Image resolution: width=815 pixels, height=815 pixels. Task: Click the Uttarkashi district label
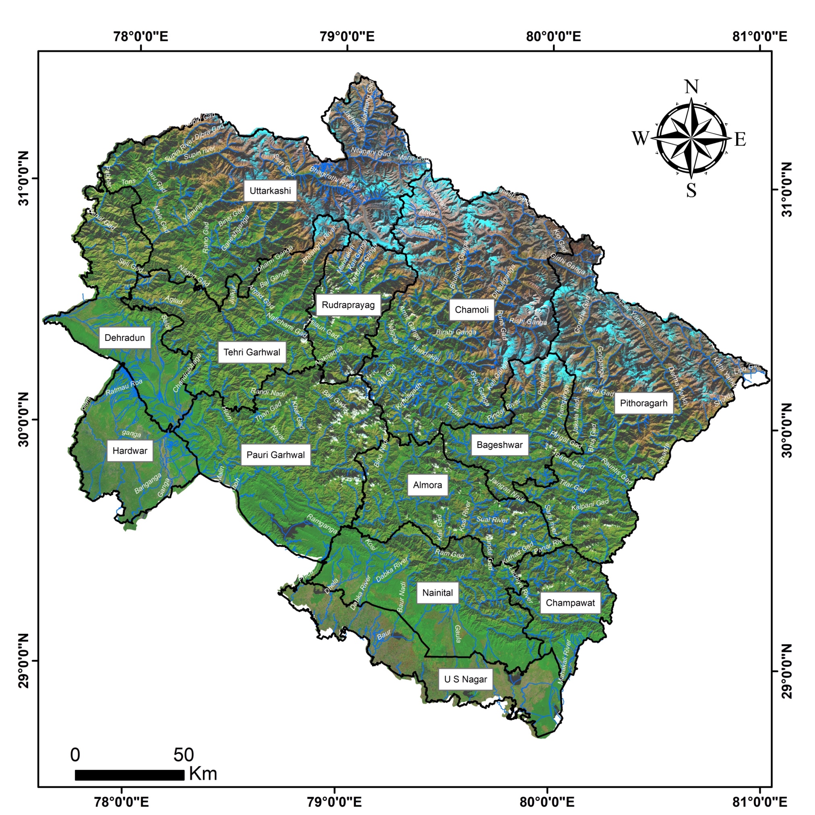pyautogui.click(x=270, y=191)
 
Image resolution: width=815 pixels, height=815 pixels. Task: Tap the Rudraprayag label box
pyautogui.click(x=348, y=305)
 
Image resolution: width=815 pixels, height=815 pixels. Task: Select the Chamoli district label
pyautogui.click(x=472, y=310)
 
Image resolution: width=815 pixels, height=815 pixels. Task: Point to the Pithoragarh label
pyautogui.click(x=643, y=403)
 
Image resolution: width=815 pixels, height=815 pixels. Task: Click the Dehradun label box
pyautogui.click(x=124, y=338)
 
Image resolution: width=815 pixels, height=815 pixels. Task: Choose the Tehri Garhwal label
pyautogui.click(x=252, y=352)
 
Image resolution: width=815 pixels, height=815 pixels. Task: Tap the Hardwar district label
pyautogui.click(x=130, y=451)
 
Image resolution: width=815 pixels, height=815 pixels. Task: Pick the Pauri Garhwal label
pyautogui.click(x=275, y=455)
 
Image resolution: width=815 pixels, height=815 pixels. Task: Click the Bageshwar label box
pyautogui.click(x=499, y=445)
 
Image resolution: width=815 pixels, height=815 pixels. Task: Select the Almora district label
pyautogui.click(x=427, y=485)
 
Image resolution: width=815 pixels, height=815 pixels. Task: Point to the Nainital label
pyautogui.click(x=437, y=593)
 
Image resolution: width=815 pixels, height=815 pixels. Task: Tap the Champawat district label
pyautogui.click(x=570, y=603)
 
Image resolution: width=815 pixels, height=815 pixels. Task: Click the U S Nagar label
pyautogui.click(x=465, y=679)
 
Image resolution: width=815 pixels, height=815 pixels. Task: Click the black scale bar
pyautogui.click(x=130, y=775)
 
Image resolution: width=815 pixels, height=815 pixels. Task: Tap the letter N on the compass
pyautogui.click(x=691, y=87)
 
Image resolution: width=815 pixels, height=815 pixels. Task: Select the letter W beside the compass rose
pyautogui.click(x=640, y=138)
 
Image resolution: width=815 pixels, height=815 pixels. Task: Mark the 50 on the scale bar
pyautogui.click(x=184, y=755)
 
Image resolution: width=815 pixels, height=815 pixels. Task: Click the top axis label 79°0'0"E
pyautogui.click(x=347, y=36)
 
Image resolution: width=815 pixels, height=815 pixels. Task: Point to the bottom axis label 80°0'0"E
pyautogui.click(x=547, y=801)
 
